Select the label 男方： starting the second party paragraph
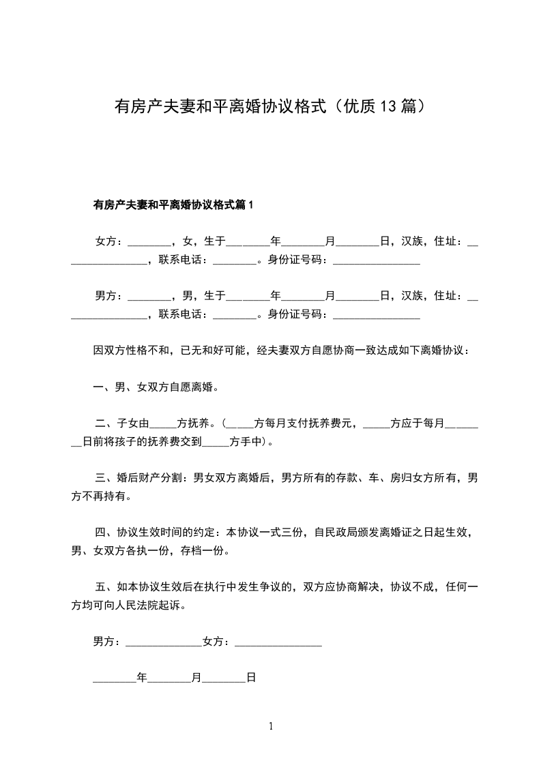[109, 295]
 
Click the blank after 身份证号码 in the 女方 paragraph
[376, 260]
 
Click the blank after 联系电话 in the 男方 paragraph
[235, 314]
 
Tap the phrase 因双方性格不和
[131, 350]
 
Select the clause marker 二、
[105, 423]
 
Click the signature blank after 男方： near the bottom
[164, 642]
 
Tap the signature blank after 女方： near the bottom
[278, 642]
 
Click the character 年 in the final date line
[142, 678]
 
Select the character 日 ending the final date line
[251, 678]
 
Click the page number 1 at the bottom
[271, 726]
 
